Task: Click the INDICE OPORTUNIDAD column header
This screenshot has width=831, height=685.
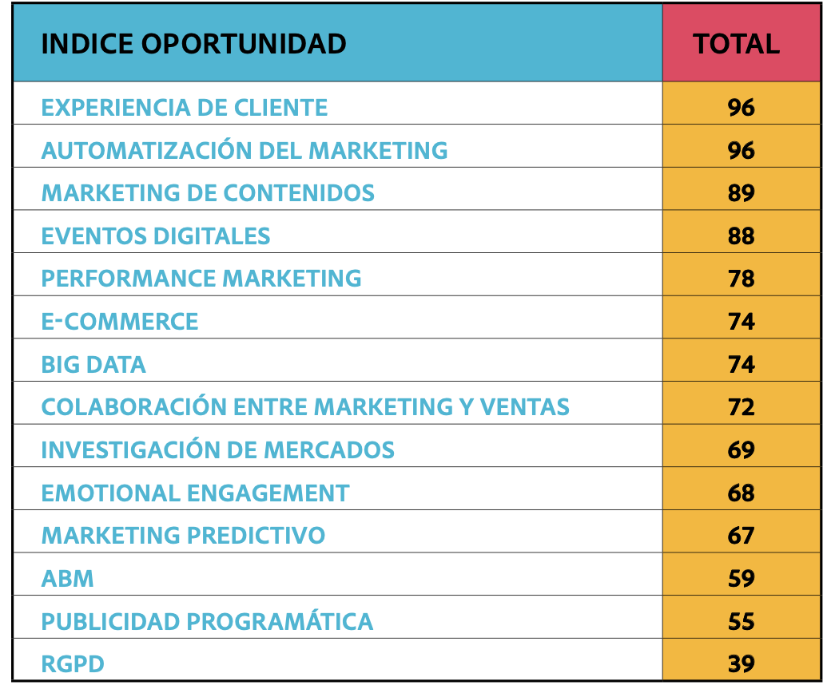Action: point(193,43)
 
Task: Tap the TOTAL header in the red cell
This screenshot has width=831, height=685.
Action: point(736,43)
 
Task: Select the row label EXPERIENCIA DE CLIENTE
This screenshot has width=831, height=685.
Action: point(185,108)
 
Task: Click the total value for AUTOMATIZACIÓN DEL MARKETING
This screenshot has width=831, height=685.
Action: point(741,150)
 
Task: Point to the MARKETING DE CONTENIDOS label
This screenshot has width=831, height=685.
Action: point(208,193)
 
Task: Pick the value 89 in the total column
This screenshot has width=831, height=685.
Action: point(741,193)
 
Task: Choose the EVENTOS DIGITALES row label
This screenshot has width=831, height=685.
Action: point(156,236)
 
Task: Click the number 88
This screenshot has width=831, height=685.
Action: point(741,236)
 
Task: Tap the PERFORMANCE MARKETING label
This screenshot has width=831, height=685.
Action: point(201,279)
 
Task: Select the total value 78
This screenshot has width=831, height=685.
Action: point(741,279)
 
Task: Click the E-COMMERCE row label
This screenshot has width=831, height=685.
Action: point(120,322)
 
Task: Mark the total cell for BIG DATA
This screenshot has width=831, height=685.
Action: point(741,365)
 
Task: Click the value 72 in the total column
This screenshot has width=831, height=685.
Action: point(741,407)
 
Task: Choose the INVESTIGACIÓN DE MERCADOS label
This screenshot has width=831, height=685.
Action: point(218,450)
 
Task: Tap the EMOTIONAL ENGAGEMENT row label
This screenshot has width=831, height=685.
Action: point(195,493)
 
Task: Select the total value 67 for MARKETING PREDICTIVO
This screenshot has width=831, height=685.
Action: point(741,536)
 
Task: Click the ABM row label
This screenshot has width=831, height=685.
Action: point(68,579)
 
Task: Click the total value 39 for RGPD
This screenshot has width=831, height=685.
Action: point(741,664)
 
